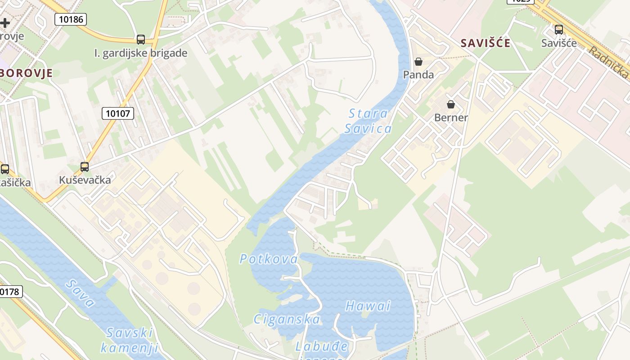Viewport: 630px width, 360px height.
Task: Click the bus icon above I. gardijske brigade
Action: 141,40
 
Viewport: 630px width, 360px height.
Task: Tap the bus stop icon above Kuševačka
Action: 85,167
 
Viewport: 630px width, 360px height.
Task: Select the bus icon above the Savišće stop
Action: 559,30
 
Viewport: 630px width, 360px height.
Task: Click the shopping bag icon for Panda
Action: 418,62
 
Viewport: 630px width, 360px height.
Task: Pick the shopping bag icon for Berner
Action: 451,104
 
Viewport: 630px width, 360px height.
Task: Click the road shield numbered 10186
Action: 71,19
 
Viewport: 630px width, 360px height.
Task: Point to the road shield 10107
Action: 118,113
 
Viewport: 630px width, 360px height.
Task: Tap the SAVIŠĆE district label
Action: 486,43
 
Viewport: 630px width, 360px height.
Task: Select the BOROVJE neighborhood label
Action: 27,73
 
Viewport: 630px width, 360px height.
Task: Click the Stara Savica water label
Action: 368,121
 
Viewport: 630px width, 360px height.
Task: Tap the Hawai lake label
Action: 368,306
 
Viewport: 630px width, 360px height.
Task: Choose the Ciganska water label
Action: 287,319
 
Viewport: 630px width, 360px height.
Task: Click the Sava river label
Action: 80,293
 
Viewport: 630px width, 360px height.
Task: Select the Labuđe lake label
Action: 322,346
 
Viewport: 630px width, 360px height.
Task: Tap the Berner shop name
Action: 451,118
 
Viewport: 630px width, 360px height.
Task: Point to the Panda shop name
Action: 418,75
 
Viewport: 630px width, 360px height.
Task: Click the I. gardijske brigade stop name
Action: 141,53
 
